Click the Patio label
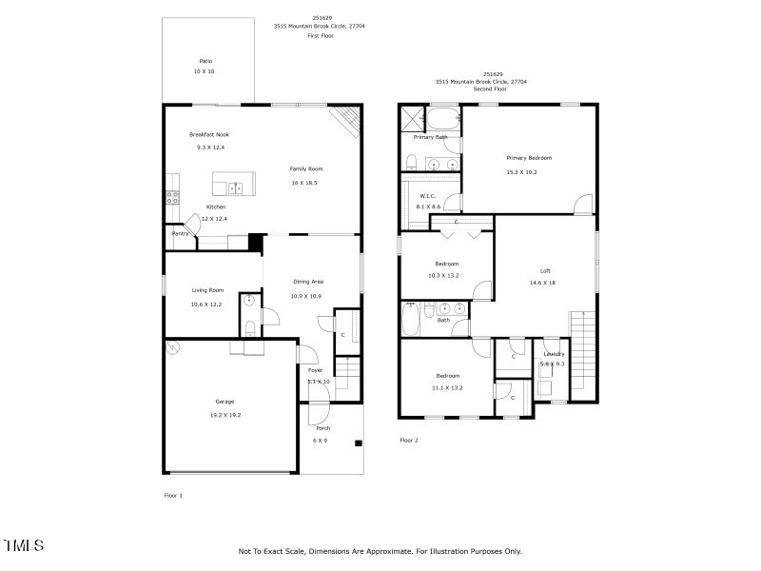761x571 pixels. pos(205,61)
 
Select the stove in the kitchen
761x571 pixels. pos(172,198)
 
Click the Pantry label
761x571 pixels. pos(179,233)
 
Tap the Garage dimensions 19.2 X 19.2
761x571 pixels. pos(224,415)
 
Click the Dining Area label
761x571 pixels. pos(307,282)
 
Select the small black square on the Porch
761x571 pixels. pos(359,443)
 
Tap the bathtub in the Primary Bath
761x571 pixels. pos(442,119)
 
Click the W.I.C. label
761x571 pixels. pos(427,195)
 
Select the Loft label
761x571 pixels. pos(545,269)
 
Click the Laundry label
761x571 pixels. pos(554,354)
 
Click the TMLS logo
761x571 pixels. pos(24,545)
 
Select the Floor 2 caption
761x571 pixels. pos(409,441)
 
